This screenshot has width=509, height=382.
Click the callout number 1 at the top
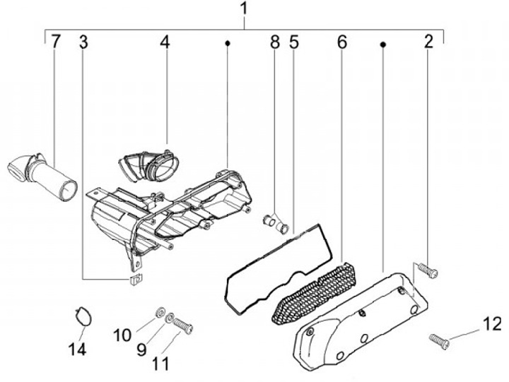point(245,9)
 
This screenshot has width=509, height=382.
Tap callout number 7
point(55,42)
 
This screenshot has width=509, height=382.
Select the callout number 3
point(83,42)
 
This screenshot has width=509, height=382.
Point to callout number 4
point(165,42)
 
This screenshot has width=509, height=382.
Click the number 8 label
point(274,42)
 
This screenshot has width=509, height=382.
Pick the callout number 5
point(294,42)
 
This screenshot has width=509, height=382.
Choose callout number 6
point(342,42)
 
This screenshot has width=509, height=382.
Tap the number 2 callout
point(428,42)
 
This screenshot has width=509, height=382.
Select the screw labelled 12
point(439,341)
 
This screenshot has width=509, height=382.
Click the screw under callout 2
point(426,269)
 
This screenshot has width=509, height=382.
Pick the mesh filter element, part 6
point(312,292)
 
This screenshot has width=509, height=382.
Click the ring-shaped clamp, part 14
point(83,315)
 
